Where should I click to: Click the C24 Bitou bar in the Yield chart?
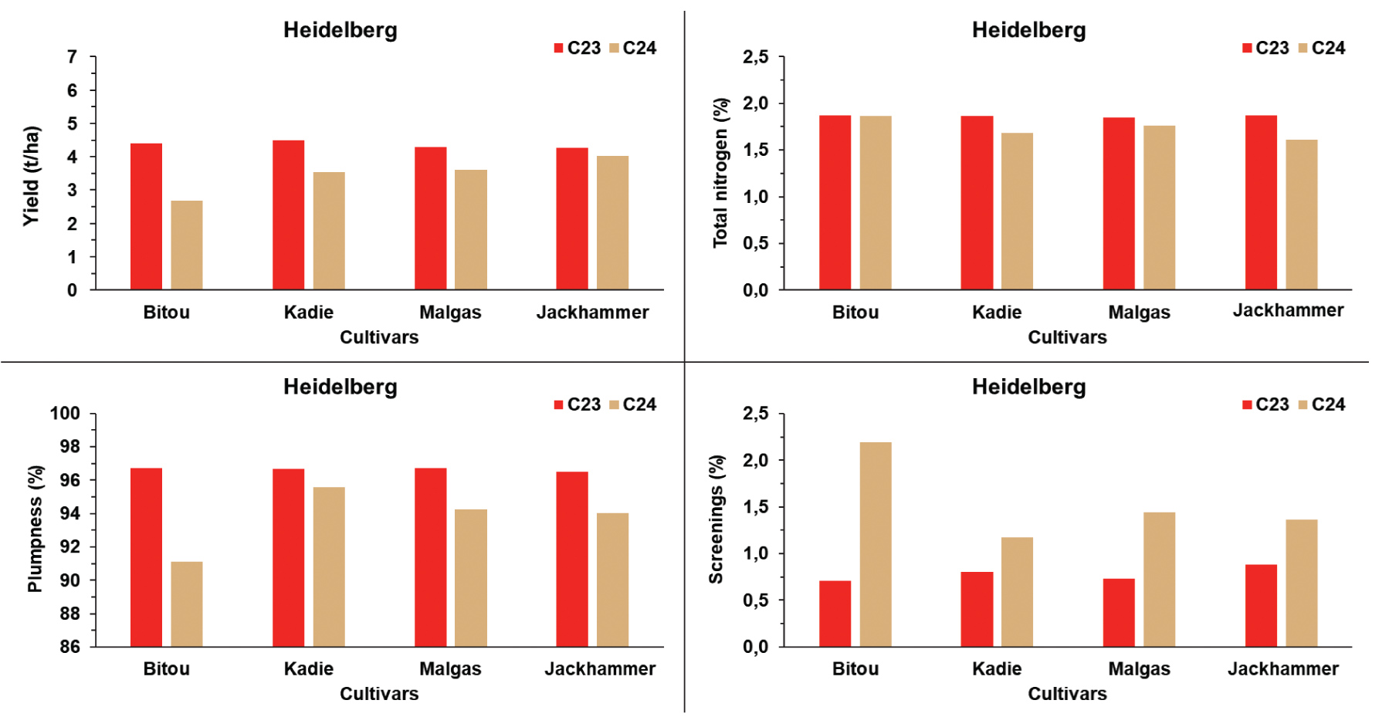tap(187, 245)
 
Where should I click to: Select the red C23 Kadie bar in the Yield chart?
tap(288, 215)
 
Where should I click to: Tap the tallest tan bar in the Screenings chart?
tap(875, 544)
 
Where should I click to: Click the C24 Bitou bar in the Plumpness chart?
tap(187, 604)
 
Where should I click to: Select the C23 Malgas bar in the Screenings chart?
tap(1119, 613)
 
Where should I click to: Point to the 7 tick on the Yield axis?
tap(73, 57)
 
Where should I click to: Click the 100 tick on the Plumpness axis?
tap(65, 414)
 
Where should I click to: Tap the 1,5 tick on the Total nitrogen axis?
tap(755, 151)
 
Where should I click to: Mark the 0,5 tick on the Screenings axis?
tap(755, 600)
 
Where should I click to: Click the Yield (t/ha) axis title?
tap(31, 176)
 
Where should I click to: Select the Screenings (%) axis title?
tap(716, 519)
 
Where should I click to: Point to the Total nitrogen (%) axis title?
tap(720, 173)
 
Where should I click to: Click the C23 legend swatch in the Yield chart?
tap(559, 48)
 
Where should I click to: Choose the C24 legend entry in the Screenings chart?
tap(1321, 404)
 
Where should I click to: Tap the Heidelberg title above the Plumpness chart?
tap(340, 387)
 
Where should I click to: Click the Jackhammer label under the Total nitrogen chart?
tap(1288, 310)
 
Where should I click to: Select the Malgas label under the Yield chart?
tap(450, 313)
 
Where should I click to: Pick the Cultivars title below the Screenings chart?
tap(1067, 694)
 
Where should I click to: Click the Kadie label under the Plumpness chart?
tap(308, 669)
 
